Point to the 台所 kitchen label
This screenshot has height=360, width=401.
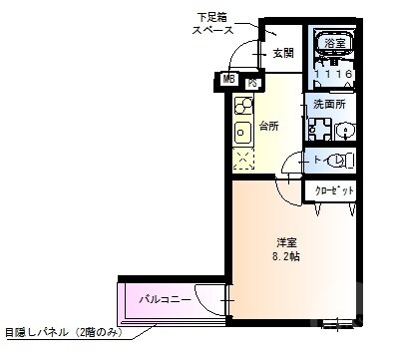(x=268, y=126)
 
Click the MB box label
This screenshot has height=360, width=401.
(x=228, y=79)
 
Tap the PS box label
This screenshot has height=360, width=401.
(x=252, y=84)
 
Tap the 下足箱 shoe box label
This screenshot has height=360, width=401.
(x=212, y=18)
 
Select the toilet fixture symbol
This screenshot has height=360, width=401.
(x=337, y=161)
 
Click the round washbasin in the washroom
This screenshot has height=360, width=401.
(x=343, y=130)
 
